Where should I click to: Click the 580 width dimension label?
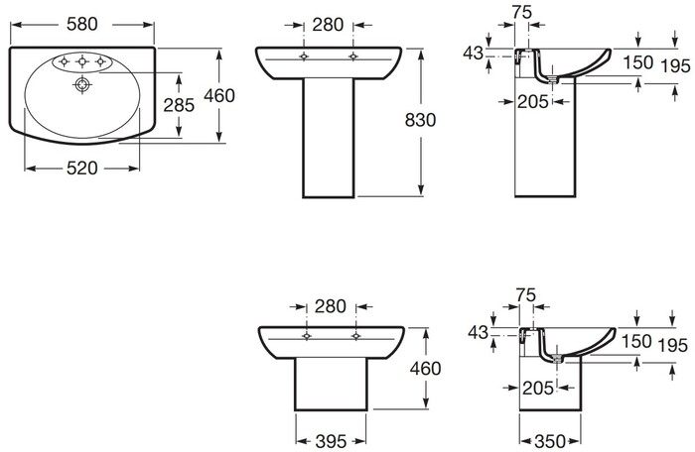coord(82,25)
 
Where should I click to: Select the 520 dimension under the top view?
coord(82,169)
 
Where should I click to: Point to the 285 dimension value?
coord(179,105)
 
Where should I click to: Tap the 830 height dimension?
coord(420,120)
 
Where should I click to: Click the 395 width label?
coord(331,441)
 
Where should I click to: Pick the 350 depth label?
coord(550,441)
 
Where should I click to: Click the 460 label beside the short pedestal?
coord(425,369)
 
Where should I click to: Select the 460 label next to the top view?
coord(219,95)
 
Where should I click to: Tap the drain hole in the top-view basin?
coord(82,84)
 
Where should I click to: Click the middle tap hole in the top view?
coord(82,61)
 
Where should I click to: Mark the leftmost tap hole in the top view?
coord(64,61)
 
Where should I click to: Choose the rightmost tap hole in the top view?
coord(100,61)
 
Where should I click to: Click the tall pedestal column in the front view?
coord(329,138)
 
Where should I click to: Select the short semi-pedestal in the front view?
coord(331,385)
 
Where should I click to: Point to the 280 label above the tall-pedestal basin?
coord(328,25)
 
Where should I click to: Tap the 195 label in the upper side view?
coord(675,66)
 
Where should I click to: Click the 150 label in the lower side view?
coord(636,341)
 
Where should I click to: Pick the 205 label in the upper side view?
coord(533,102)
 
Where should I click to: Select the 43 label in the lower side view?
coord(478,332)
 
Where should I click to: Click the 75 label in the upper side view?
coord(521,13)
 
